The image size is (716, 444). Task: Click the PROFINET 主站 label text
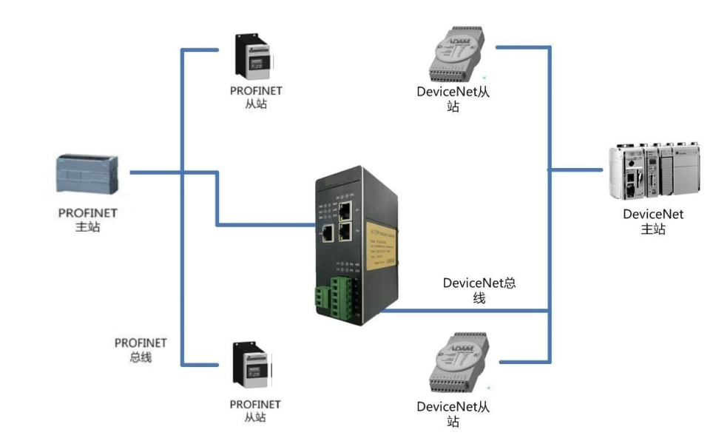(87, 220)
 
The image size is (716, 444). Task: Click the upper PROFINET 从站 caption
(256, 98)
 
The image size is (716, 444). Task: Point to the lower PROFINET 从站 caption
(255, 411)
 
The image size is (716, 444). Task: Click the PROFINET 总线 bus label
(141, 350)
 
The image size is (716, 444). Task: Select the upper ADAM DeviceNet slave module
(458, 55)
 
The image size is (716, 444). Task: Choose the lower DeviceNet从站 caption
(453, 414)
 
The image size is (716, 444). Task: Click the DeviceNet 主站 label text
(653, 221)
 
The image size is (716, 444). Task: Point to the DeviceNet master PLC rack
(653, 171)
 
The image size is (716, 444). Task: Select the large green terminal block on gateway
(341, 297)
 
